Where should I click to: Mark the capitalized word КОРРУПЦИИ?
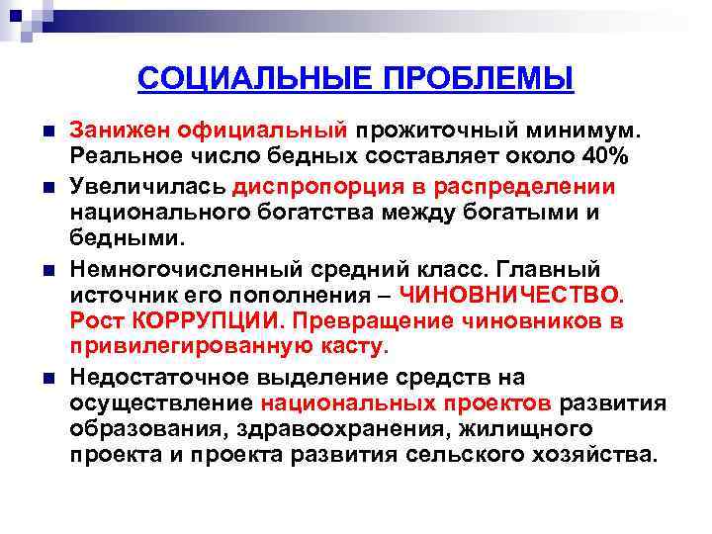pyautogui.click(x=205, y=321)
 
